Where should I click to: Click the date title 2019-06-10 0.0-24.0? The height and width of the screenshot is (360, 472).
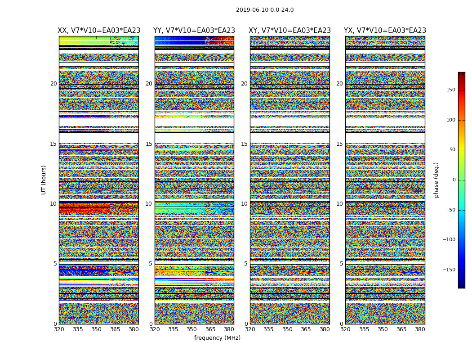pos(265,10)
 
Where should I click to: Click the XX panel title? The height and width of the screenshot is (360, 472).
pos(99,31)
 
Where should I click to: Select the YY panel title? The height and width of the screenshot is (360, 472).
pos(194,31)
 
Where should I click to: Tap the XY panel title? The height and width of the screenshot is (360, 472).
pos(290,31)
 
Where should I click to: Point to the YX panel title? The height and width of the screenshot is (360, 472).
pos(385,31)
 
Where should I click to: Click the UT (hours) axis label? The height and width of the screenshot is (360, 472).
pos(44,180)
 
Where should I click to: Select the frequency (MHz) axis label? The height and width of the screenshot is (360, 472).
pos(217,338)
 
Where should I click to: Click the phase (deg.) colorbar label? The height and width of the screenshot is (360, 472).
pos(436,180)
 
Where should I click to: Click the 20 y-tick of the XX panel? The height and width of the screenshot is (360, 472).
pos(53,84)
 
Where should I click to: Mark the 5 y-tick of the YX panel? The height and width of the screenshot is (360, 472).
pos(341,264)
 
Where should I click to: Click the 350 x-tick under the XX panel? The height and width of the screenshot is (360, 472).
pos(96,329)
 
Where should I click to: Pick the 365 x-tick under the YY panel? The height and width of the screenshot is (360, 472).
pos(210,329)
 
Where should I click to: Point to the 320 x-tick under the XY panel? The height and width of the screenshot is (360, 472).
pos(250,329)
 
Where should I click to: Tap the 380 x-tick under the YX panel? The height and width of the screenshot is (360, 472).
pos(420,329)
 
